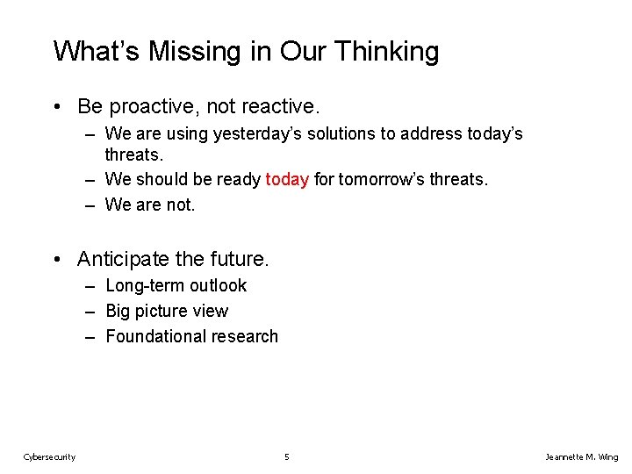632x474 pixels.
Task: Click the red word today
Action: (287, 180)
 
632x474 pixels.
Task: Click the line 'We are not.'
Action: (149, 205)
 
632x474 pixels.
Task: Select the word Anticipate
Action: (122, 259)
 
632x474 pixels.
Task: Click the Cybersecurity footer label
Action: (49, 456)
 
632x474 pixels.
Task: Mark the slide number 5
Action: (287, 456)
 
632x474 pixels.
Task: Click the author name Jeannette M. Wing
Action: (581, 456)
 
